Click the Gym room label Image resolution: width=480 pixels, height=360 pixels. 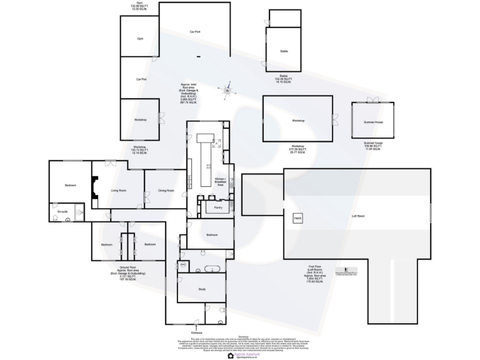141,39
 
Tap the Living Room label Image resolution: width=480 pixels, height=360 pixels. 119,190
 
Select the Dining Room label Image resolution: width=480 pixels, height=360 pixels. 166,190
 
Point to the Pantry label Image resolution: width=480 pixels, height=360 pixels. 218,207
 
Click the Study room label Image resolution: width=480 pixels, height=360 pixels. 202,289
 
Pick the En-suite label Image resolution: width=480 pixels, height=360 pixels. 62,212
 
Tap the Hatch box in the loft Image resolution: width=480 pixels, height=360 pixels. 297,218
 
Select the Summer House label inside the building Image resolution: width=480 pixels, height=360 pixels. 373,122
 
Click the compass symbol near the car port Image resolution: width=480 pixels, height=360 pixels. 228,91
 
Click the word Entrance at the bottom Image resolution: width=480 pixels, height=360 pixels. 198,331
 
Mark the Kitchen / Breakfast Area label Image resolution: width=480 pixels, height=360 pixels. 220,182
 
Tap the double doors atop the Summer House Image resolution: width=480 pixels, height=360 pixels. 374,100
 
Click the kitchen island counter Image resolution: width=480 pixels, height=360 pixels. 204,162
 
